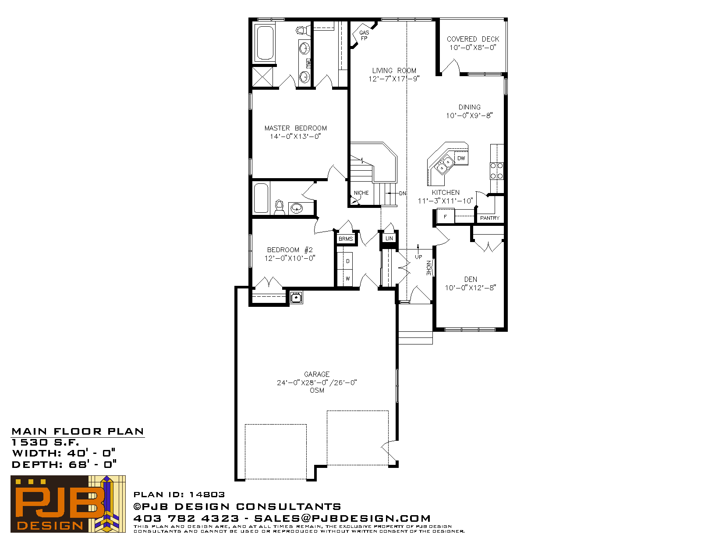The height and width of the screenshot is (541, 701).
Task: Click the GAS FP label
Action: [364, 35]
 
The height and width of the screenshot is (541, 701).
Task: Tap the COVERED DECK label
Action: [473, 39]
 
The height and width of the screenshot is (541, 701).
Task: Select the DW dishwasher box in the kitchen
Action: [461, 158]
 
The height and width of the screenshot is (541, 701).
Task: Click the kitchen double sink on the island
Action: [444, 164]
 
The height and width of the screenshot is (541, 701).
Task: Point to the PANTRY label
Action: [489, 218]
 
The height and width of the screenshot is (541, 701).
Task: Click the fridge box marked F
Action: [446, 216]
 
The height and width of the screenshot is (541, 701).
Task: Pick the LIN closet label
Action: [389, 239]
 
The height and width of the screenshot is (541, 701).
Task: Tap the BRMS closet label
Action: [346, 239]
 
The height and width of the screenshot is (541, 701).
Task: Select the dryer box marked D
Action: [347, 261]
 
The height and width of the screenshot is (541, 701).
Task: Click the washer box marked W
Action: [347, 278]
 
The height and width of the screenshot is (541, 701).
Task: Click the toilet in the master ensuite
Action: [302, 31]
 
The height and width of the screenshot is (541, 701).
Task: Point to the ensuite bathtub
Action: [265, 43]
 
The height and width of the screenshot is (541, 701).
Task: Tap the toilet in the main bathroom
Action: [279, 207]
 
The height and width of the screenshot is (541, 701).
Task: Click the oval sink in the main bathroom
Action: [297, 208]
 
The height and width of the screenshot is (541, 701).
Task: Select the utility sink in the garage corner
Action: [296, 297]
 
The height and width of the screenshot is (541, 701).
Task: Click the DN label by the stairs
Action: [402, 193]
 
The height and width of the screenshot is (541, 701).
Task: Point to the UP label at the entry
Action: [418, 257]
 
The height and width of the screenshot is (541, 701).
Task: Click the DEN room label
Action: [471, 279]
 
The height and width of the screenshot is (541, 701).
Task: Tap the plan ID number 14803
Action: [207, 495]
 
